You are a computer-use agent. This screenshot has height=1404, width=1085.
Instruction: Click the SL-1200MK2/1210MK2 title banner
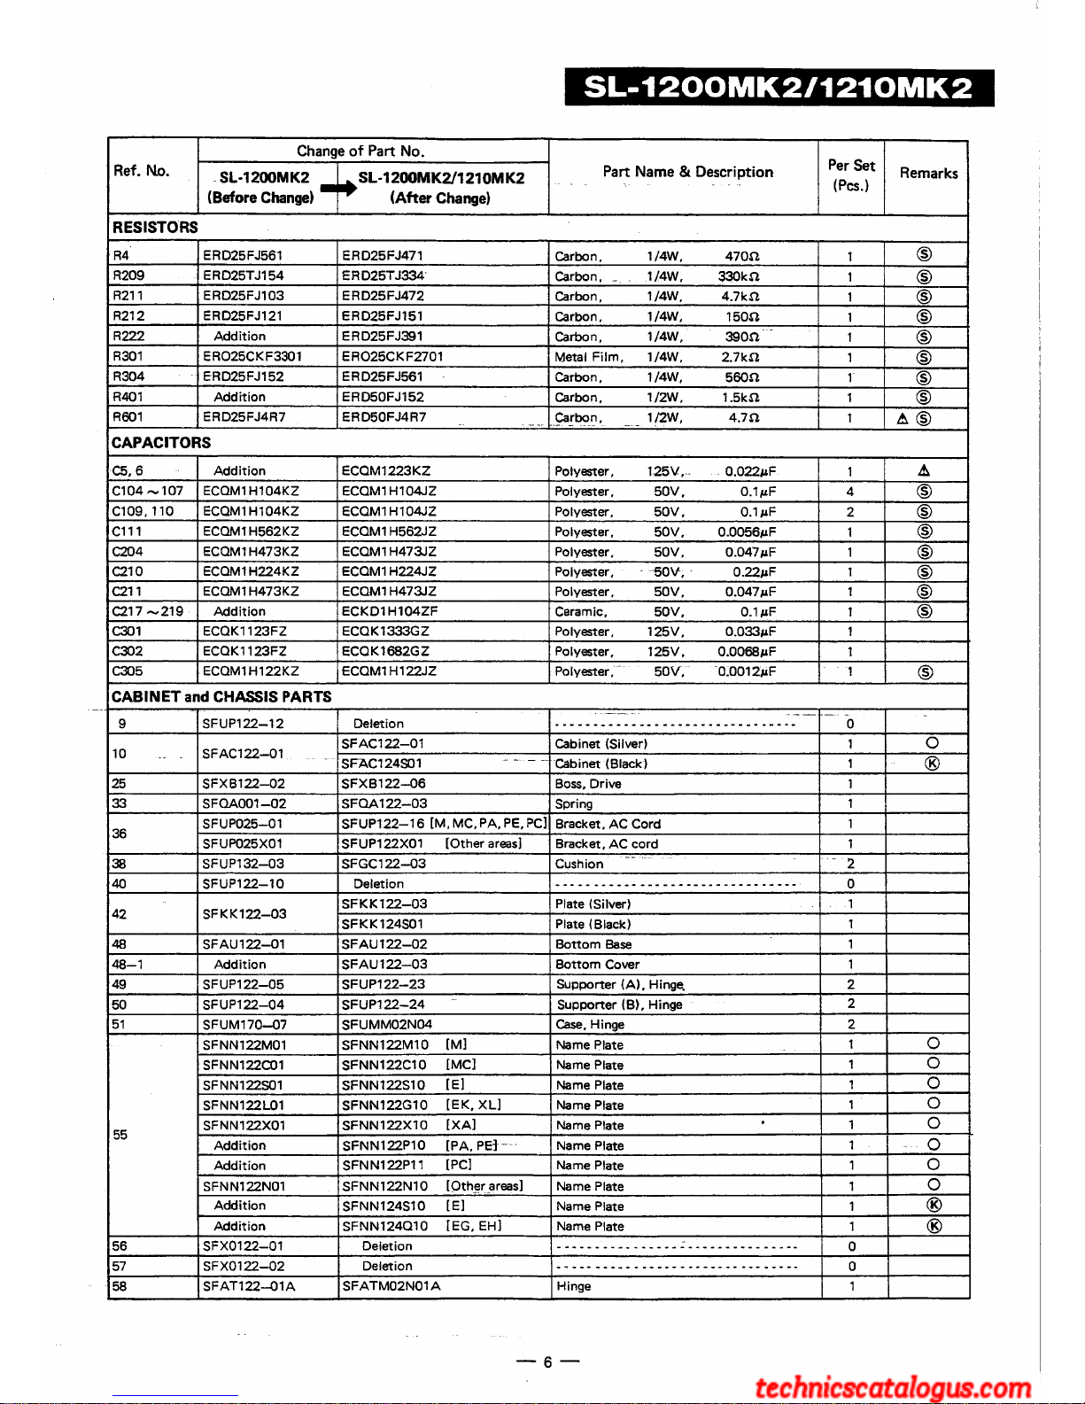tap(779, 87)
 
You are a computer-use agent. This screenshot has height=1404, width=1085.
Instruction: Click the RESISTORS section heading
tap(155, 228)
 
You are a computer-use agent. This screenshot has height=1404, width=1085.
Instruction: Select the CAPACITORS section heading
tap(161, 443)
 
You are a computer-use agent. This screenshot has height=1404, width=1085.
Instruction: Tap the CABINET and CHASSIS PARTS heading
tap(221, 697)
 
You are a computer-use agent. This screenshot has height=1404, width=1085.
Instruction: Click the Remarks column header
tap(928, 174)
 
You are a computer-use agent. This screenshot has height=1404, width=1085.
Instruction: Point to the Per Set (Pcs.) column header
tap(850, 175)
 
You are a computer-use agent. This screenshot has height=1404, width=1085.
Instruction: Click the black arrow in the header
tap(337, 189)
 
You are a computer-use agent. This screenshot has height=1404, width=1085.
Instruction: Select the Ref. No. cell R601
tap(128, 417)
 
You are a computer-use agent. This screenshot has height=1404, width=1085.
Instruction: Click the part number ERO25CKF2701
tap(392, 357)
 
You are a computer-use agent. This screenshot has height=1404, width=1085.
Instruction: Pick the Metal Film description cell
tap(589, 357)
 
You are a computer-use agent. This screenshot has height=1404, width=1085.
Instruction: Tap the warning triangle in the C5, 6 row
tap(924, 470)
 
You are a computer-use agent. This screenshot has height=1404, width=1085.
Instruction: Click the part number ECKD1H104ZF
tap(389, 611)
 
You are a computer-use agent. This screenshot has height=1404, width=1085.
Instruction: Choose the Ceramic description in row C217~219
tap(580, 611)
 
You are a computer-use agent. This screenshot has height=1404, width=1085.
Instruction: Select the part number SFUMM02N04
tap(387, 1025)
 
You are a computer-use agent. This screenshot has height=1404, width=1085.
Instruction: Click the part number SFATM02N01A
tap(391, 1286)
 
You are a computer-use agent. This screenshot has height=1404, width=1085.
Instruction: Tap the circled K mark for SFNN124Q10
tap(934, 1226)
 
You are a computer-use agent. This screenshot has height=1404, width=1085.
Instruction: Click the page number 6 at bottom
tap(547, 1362)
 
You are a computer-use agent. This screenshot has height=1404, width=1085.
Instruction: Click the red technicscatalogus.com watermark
tap(893, 1387)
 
